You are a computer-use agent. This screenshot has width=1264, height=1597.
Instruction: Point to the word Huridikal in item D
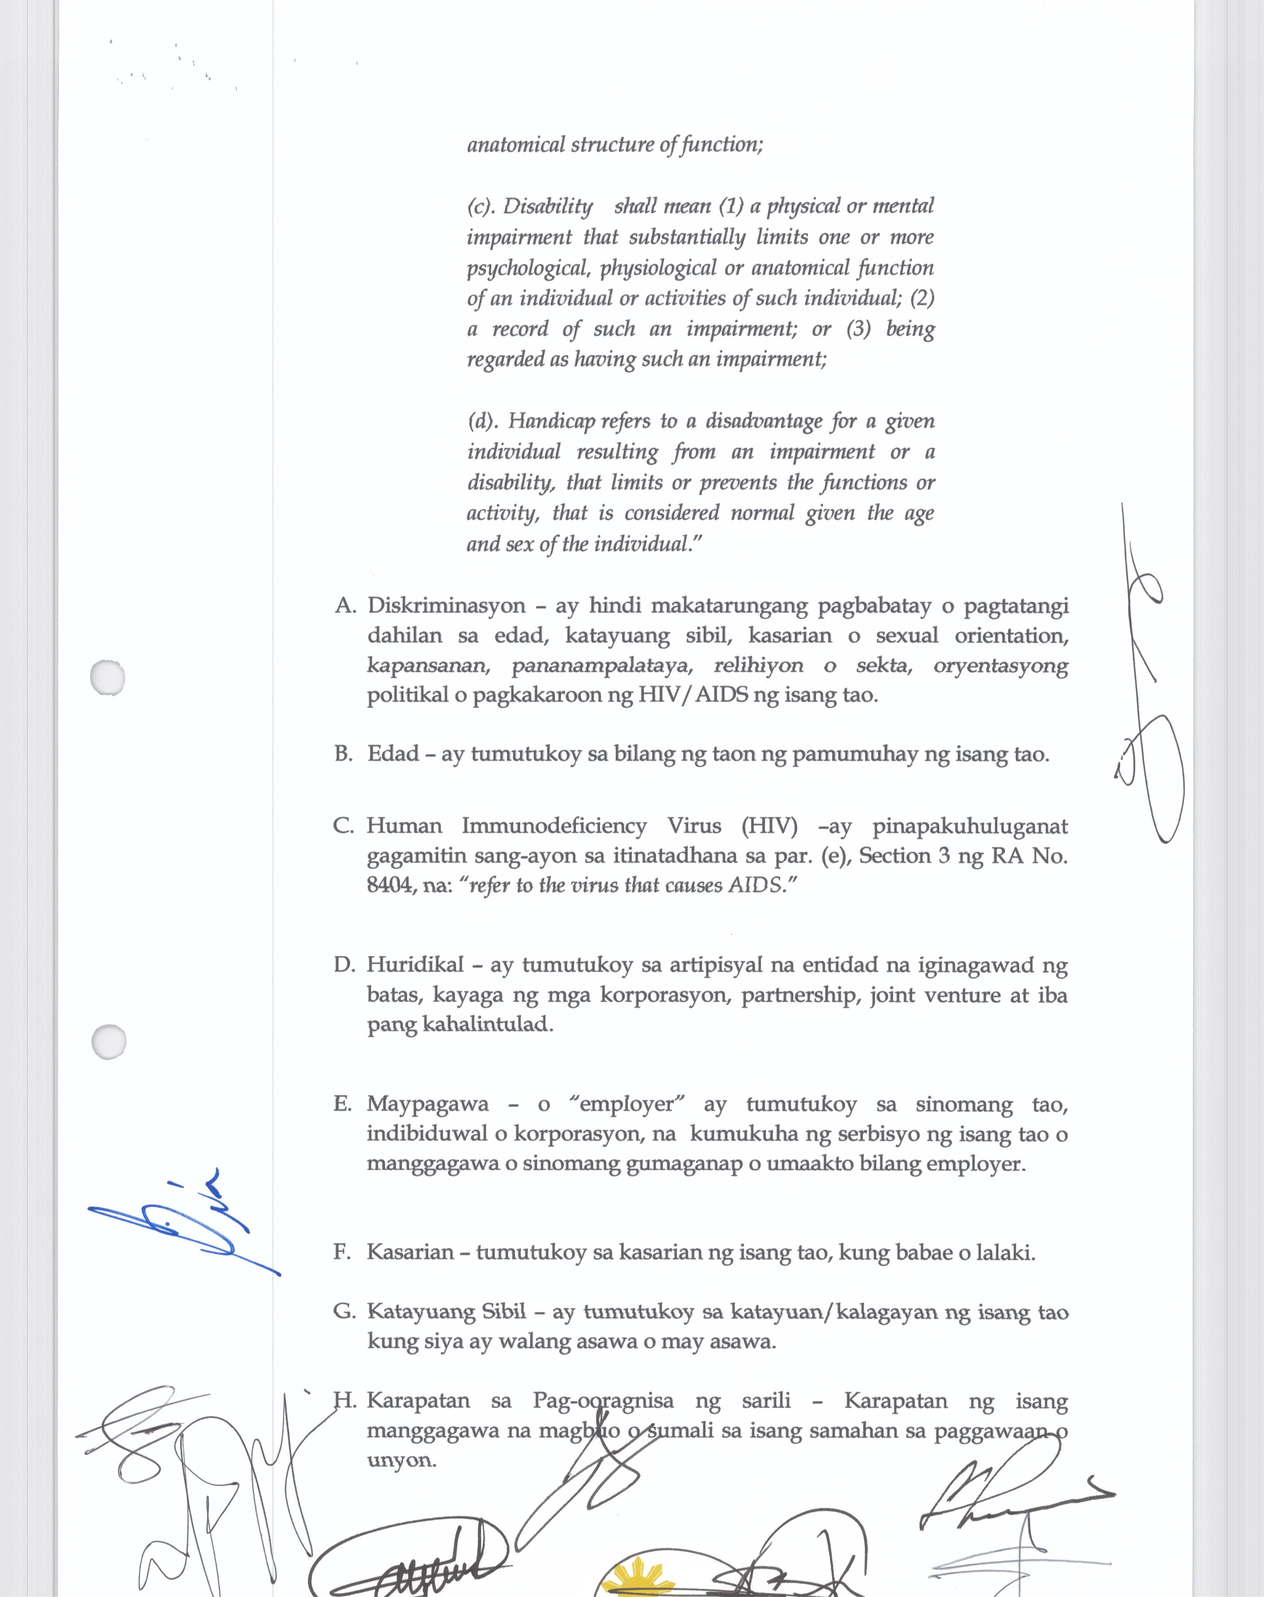pyautogui.click(x=415, y=965)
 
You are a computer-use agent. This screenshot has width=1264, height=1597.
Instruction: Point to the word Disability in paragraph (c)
pyautogui.click(x=548, y=206)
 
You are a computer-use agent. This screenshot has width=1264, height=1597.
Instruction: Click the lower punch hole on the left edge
pyautogui.click(x=109, y=1041)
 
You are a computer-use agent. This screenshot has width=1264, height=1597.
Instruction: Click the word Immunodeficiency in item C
pyautogui.click(x=553, y=826)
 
